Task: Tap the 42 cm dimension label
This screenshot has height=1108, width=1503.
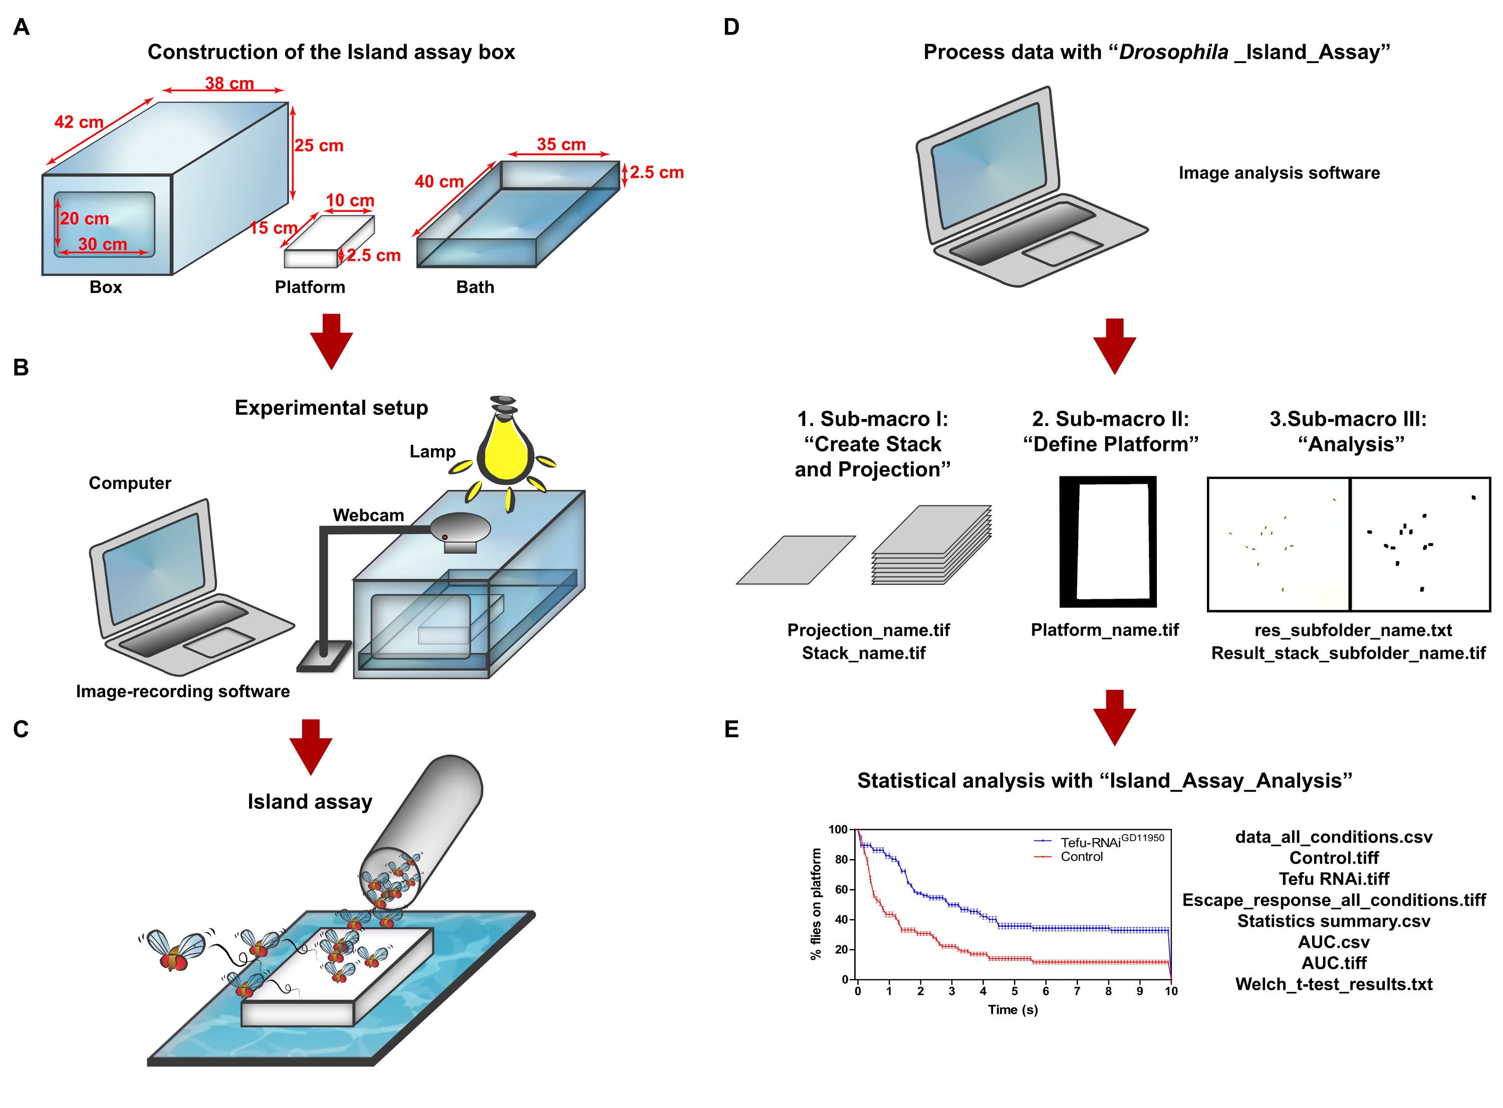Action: pyautogui.click(x=79, y=122)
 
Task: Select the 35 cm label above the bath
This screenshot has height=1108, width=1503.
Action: pyautogui.click(x=560, y=144)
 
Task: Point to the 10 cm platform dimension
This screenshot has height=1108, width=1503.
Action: pyautogui.click(x=349, y=200)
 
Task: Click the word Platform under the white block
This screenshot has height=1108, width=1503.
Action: pyautogui.click(x=309, y=287)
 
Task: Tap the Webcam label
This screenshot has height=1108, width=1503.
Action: pyautogui.click(x=368, y=515)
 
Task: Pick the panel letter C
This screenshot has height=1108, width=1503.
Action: pyautogui.click(x=21, y=729)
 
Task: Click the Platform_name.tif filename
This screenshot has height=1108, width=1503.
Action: pyautogui.click(x=1103, y=630)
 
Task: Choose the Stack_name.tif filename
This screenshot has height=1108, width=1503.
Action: pyautogui.click(x=863, y=653)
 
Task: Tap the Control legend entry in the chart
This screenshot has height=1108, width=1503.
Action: pyautogui.click(x=1081, y=857)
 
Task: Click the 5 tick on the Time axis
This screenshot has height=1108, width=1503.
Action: pyautogui.click(x=1014, y=991)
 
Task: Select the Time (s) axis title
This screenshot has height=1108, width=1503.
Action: pyautogui.click(x=1012, y=1009)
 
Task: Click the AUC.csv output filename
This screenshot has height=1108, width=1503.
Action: pyautogui.click(x=1333, y=942)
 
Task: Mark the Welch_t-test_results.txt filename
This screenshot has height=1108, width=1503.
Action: pyautogui.click(x=1333, y=984)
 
